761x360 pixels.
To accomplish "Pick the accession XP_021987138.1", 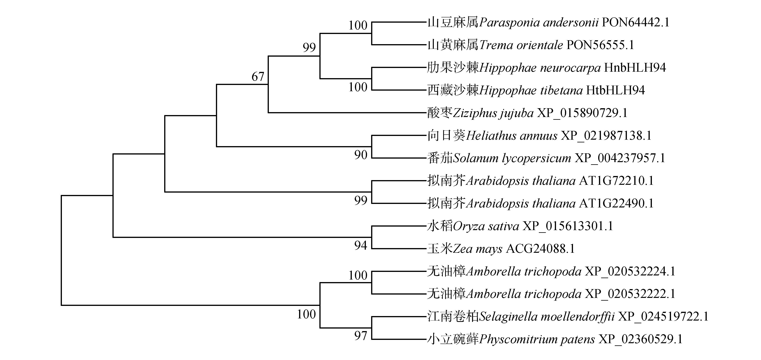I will [x=606, y=136].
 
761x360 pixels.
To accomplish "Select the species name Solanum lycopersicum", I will [x=512, y=158].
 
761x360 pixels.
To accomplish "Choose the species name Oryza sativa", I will [x=486, y=226].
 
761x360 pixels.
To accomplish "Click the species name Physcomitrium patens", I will [x=537, y=339].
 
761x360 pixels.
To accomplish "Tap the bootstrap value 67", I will [x=258, y=77].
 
